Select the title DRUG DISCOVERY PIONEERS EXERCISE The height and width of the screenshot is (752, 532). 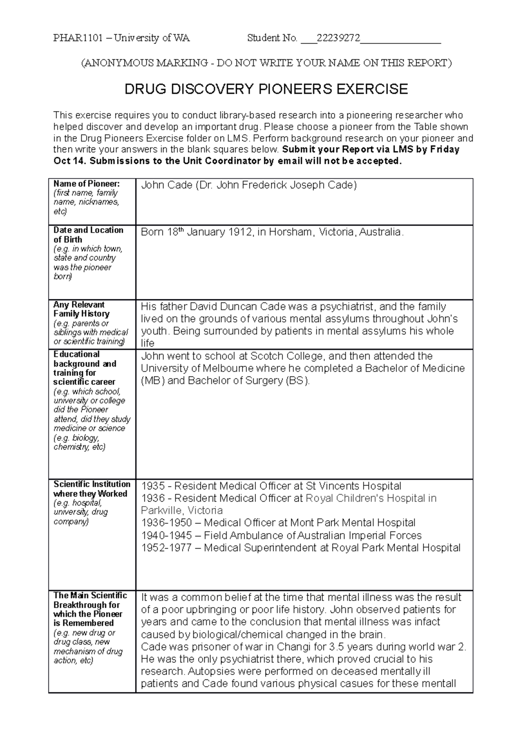(266, 89)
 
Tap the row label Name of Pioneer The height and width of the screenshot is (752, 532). (86, 184)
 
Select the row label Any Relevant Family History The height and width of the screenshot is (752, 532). (81, 309)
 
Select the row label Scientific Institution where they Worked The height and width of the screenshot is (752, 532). (91, 489)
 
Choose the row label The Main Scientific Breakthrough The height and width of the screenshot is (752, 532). (90, 609)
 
